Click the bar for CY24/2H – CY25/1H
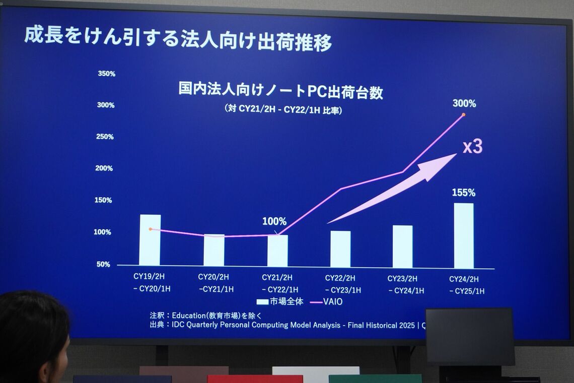(x=463, y=235)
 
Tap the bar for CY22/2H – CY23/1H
(x=340, y=249)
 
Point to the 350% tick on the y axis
(x=106, y=74)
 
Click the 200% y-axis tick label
(x=104, y=168)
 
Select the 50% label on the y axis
(x=103, y=264)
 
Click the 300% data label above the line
(x=464, y=104)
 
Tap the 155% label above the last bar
(x=463, y=193)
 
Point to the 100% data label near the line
(x=274, y=221)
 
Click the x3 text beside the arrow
(x=472, y=147)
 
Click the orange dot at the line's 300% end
(x=463, y=115)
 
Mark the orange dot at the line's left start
(x=150, y=229)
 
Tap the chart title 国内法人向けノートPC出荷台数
(x=280, y=91)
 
